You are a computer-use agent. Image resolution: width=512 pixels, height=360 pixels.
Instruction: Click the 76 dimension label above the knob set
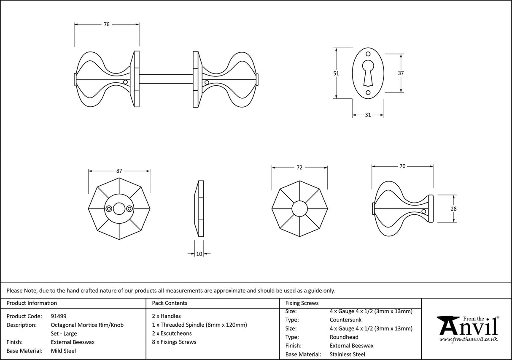pos(107,24)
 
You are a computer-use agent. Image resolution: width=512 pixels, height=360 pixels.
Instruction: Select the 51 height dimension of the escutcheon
pos(336,73)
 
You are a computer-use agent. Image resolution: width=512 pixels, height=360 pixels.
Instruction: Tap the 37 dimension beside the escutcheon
pos(401,73)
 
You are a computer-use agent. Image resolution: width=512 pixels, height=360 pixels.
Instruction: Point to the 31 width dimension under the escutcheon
pos(368,115)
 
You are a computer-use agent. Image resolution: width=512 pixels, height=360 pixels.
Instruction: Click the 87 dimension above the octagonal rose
pos(119,171)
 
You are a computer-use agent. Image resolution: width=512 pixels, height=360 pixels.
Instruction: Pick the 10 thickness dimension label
pos(199,254)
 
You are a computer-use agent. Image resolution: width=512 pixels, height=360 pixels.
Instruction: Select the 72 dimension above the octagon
pos(299,168)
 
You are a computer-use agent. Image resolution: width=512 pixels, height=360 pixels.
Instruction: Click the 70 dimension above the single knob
pos(402,166)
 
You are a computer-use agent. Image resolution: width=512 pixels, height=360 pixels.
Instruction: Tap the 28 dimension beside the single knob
pos(454,208)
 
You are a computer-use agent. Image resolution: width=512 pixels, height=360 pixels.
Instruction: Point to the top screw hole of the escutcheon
pos(368,54)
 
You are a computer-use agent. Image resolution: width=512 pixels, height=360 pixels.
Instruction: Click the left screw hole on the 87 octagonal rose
pos(109,208)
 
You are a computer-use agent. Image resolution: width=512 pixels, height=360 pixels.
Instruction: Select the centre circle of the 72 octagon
pos(299,208)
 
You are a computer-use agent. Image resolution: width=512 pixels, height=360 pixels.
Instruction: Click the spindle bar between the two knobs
pos(166,79)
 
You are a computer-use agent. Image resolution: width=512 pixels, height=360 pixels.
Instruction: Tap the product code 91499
pos(58,316)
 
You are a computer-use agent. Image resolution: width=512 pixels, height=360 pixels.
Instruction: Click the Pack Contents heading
pos(170,303)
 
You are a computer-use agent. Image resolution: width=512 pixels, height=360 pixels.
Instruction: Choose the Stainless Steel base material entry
pos(347,355)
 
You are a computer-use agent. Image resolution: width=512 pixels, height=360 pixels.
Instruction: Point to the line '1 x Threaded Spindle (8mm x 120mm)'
pos(199,325)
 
